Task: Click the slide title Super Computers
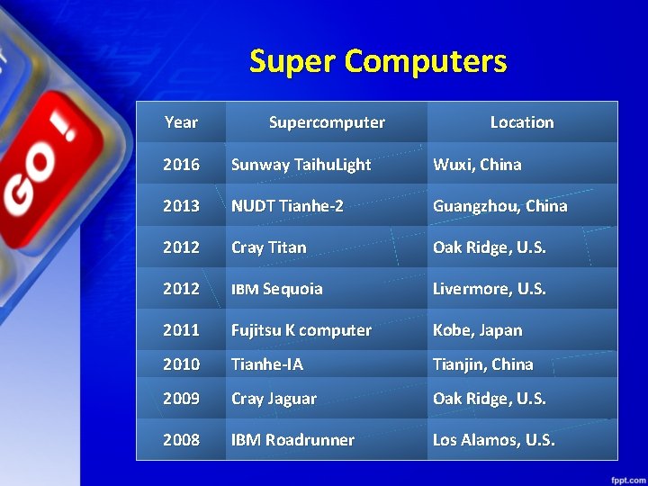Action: click(x=378, y=62)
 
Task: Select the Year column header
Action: click(x=181, y=122)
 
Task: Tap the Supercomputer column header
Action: click(x=327, y=122)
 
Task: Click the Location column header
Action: click(x=522, y=122)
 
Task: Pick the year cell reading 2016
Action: click(x=181, y=165)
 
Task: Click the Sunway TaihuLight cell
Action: click(x=301, y=165)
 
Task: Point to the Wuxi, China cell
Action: click(x=477, y=165)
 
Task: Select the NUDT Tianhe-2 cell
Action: click(x=287, y=206)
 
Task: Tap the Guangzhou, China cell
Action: click(x=500, y=206)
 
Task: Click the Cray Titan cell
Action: click(x=268, y=247)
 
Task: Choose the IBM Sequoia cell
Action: click(x=277, y=289)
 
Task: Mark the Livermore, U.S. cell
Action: click(x=490, y=289)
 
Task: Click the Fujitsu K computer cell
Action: click(x=301, y=330)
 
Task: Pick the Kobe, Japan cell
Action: click(x=477, y=330)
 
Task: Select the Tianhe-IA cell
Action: click(x=267, y=364)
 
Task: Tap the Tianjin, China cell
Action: click(x=483, y=364)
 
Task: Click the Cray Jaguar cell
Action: click(x=274, y=399)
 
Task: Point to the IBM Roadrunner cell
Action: click(x=292, y=440)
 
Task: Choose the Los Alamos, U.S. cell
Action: click(x=494, y=440)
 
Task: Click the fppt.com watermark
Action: click(x=623, y=475)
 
